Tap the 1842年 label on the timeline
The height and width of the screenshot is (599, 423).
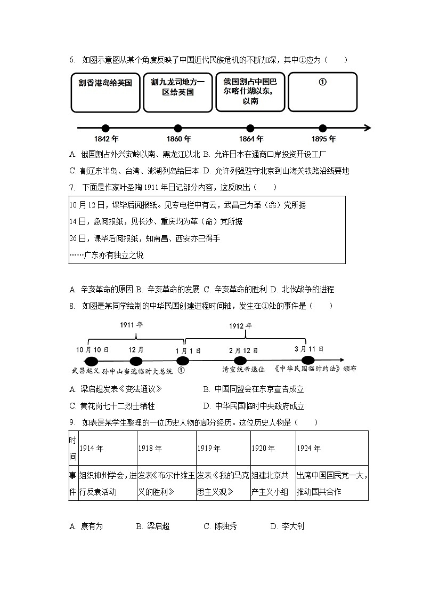pyautogui.click(x=105, y=139)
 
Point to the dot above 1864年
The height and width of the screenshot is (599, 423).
pyautogui.click(x=250, y=128)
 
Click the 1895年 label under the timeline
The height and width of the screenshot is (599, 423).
pyautogui.click(x=323, y=139)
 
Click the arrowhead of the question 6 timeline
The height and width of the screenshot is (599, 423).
pyautogui.click(x=367, y=128)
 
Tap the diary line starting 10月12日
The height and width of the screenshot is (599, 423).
pyautogui.click(x=188, y=205)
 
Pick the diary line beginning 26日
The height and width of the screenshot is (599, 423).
pyautogui.click(x=145, y=238)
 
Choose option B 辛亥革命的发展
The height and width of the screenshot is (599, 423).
pyautogui.click(x=168, y=289)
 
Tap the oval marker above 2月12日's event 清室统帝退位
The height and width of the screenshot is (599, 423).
pyautogui.click(x=240, y=361)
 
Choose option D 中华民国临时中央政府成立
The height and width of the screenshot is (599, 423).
pyautogui.click(x=254, y=406)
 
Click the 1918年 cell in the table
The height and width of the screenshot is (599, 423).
pyautogui.click(x=166, y=449)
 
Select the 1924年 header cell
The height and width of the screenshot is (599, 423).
pyautogui.click(x=331, y=449)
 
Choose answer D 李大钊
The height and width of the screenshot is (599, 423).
pyautogui.click(x=287, y=526)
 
